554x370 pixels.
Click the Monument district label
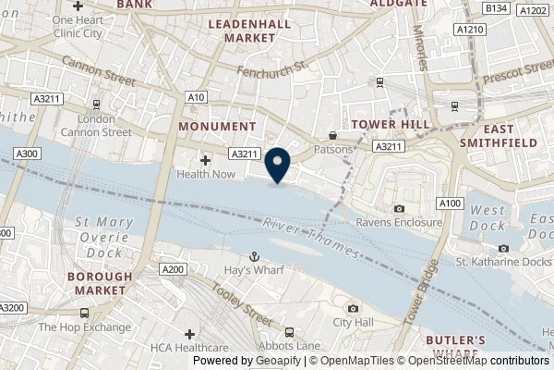[218, 126]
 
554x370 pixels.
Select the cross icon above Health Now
[206, 160]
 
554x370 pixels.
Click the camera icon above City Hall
[353, 308]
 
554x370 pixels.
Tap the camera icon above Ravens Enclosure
[398, 208]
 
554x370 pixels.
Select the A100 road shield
[450, 203]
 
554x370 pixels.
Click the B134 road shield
[498, 8]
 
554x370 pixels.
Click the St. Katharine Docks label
[502, 262]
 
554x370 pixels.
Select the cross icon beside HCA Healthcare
[190, 333]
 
